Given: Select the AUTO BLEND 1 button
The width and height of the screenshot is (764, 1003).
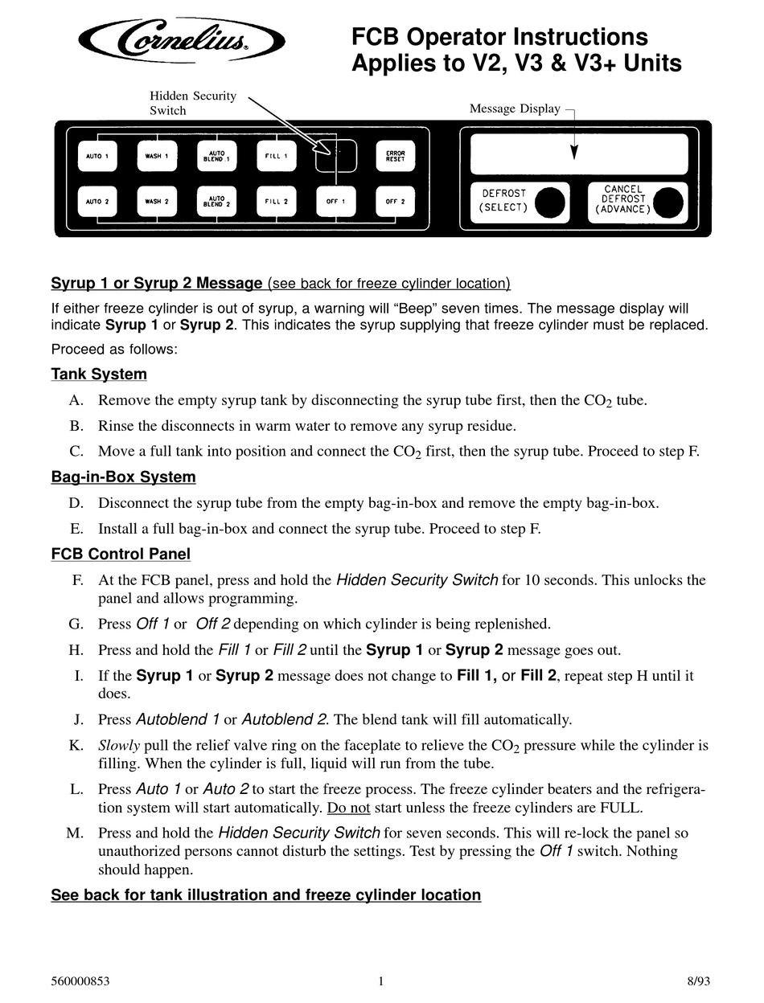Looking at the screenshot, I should [216, 156].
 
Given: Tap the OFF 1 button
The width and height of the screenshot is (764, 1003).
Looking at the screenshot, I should [335, 202].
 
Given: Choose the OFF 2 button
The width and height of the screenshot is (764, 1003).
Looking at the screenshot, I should [395, 202].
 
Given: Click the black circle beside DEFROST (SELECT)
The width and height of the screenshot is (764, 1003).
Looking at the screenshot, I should [550, 202].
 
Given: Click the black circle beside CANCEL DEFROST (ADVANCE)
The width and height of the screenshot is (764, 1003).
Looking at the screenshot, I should [668, 203].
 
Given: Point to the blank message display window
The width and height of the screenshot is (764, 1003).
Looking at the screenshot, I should [579, 154].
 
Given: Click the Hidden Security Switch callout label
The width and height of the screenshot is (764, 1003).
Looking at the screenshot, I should [193, 103].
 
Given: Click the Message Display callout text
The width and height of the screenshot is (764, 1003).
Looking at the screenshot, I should [515, 108].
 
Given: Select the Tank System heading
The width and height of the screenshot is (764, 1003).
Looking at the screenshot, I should [99, 374].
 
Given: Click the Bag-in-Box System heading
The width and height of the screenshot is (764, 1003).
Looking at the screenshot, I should [123, 477].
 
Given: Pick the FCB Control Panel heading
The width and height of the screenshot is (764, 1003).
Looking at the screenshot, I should [121, 554].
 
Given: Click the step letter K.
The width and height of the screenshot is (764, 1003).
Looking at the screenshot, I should [76, 746].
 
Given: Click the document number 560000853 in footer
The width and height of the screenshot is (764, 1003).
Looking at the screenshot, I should [80, 980].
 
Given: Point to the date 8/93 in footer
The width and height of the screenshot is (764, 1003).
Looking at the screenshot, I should [699, 980].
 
